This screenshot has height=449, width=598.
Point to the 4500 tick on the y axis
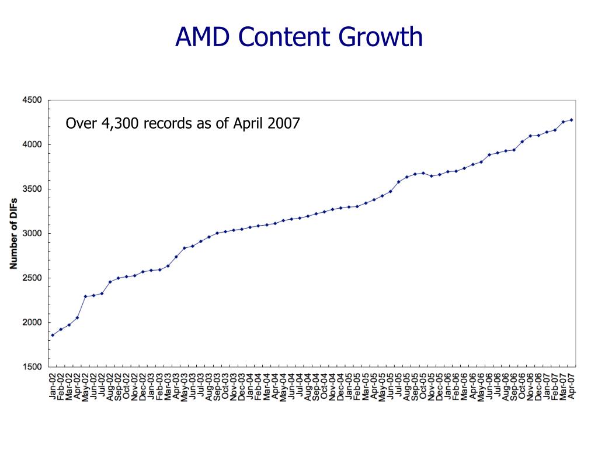33,100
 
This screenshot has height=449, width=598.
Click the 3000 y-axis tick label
33,233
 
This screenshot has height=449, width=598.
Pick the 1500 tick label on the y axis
33,367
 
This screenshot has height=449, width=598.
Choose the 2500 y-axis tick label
33,278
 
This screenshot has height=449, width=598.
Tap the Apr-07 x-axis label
572,386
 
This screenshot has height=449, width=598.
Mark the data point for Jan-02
53,335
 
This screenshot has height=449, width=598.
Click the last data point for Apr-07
571,120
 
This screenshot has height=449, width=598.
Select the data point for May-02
85,296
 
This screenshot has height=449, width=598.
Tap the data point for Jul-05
398,182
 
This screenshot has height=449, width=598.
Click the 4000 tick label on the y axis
33,144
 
